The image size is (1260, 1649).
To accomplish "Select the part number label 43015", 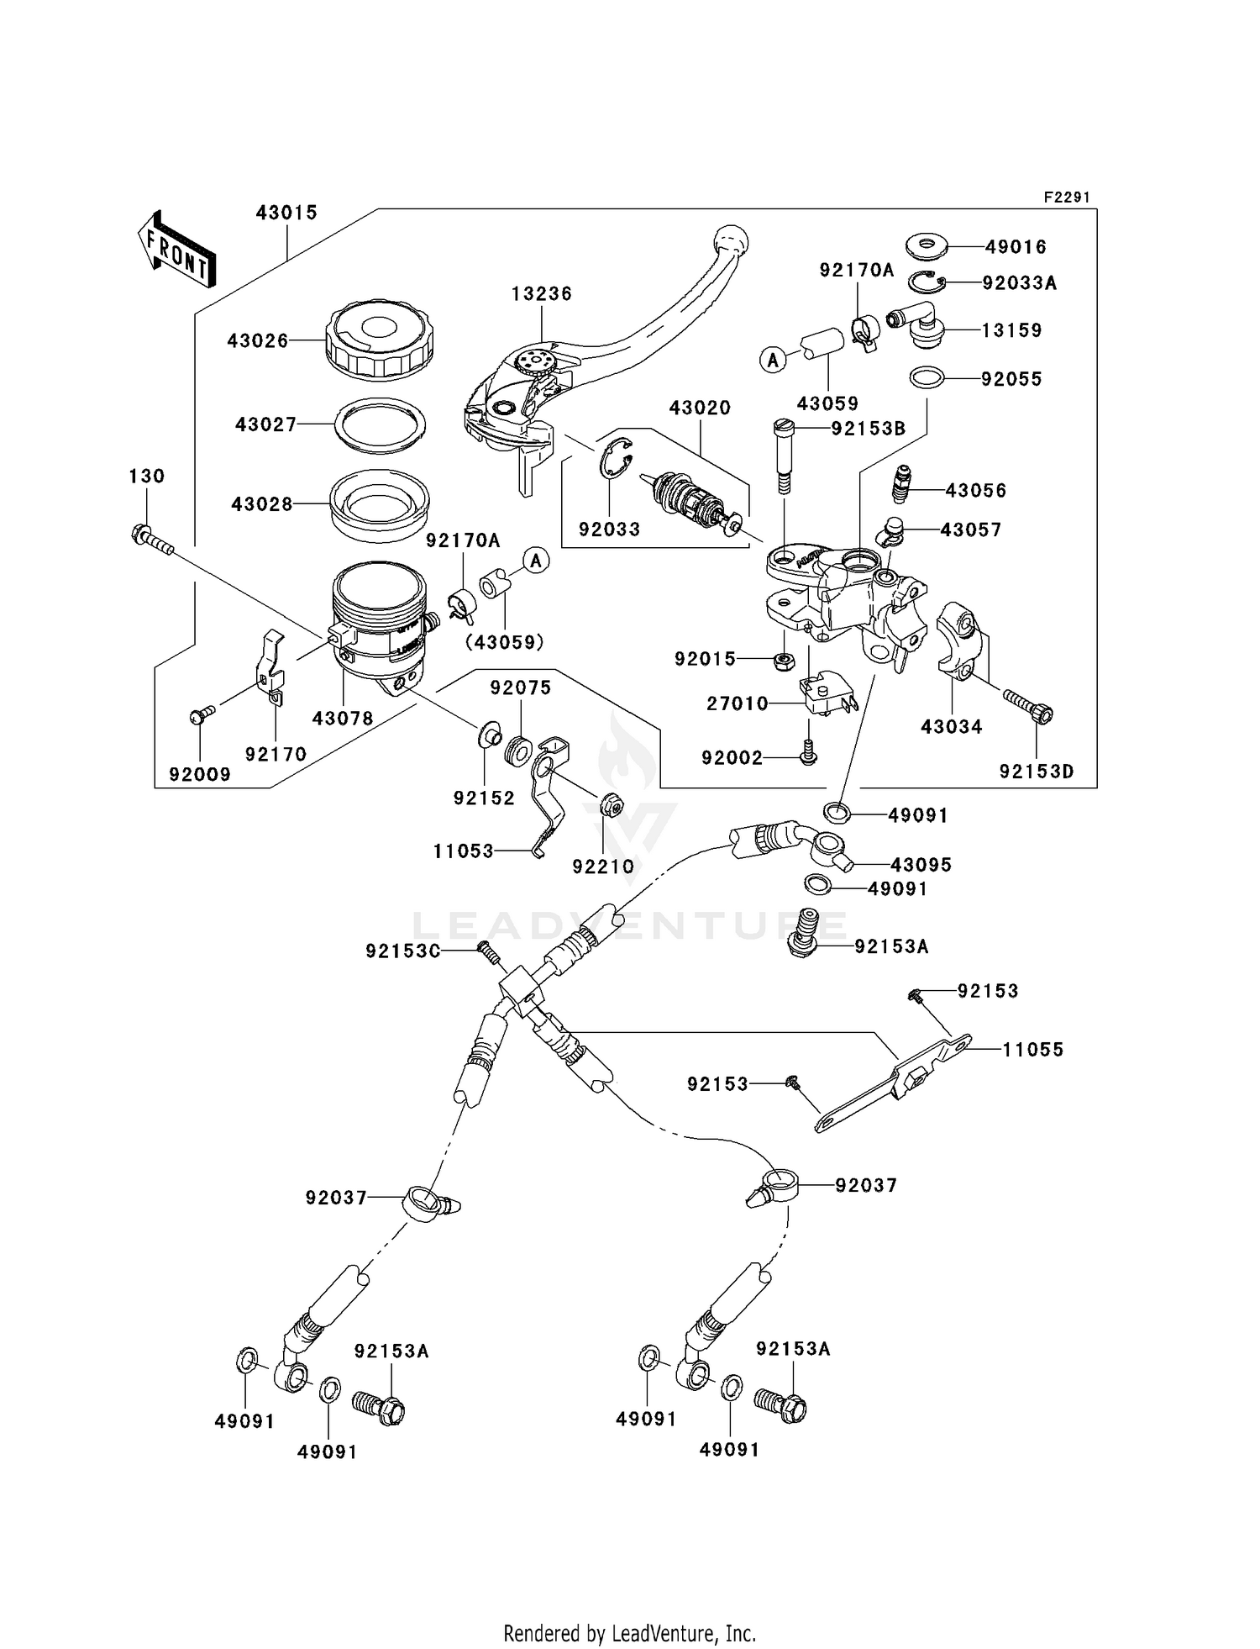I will [x=286, y=213].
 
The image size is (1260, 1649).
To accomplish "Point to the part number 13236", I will [x=542, y=294].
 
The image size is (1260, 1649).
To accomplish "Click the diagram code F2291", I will [x=1067, y=198].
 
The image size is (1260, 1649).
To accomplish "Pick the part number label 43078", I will [x=343, y=719].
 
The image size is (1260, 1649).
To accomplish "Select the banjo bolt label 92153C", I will [x=403, y=951].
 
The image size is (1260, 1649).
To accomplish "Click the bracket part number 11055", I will [x=1032, y=1050].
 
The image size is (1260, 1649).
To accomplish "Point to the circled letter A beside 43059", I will [x=772, y=361].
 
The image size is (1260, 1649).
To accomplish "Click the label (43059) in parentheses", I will [x=505, y=642].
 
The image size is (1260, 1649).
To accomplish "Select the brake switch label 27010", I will [x=737, y=703].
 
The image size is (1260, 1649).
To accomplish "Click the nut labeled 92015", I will [x=781, y=660].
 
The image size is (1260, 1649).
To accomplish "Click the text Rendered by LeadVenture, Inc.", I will [x=629, y=1634].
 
